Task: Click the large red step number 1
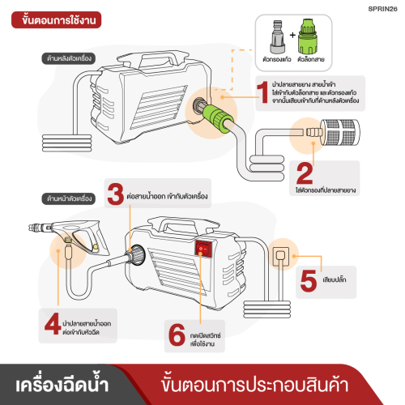tap(262, 92)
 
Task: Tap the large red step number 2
tap(305, 173)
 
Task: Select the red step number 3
tap(115, 194)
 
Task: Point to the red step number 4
tap(53, 323)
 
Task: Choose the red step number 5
tap(309, 281)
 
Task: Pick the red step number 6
tap(177, 335)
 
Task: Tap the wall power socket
tap(281, 256)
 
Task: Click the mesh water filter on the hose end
tap(340, 133)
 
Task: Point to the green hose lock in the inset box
tap(308, 36)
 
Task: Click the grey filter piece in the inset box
tap(278, 36)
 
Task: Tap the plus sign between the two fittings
tap(292, 35)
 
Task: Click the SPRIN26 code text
tap(382, 9)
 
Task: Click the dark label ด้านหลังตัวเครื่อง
tap(69, 58)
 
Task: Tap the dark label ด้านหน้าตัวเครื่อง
tap(69, 198)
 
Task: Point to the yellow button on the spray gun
tap(95, 247)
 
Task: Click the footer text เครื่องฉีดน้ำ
tap(62, 384)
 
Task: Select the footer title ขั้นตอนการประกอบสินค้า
tap(254, 385)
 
